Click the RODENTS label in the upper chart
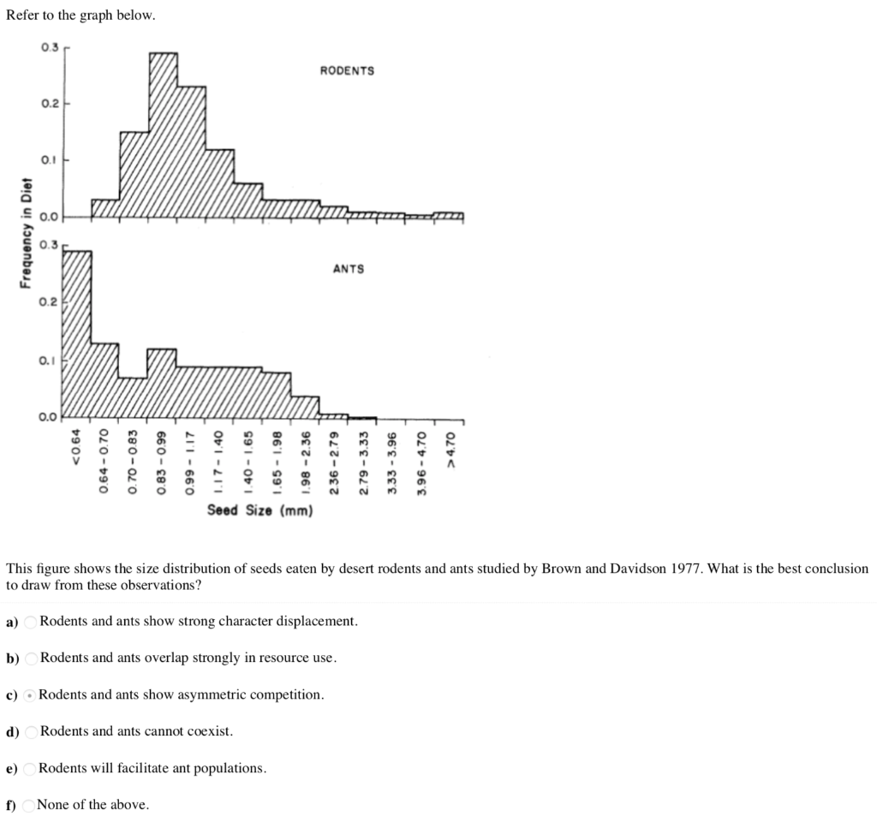pos(347,71)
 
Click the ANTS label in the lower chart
pos(348,269)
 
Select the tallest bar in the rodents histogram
pos(163,128)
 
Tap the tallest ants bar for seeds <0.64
pos(77,334)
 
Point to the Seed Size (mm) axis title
pos(260,510)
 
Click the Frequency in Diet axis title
pos(27,233)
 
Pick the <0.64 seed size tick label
pos(76,448)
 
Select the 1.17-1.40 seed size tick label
pos(219,462)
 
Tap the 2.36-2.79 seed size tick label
pos(335,463)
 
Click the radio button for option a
pos(31,622)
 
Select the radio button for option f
pos(29,805)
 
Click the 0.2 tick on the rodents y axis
pos(49,104)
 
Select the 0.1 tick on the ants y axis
pos(49,360)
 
